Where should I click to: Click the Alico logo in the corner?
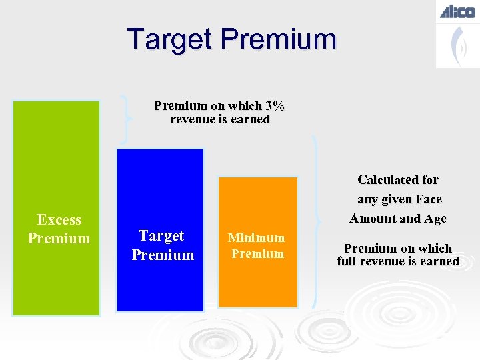[457, 11]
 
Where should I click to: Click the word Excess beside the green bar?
[59, 220]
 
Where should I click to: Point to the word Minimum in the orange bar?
[256, 238]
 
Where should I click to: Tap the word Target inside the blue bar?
[161, 236]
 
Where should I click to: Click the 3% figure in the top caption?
[275, 106]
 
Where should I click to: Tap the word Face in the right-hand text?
[429, 199]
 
